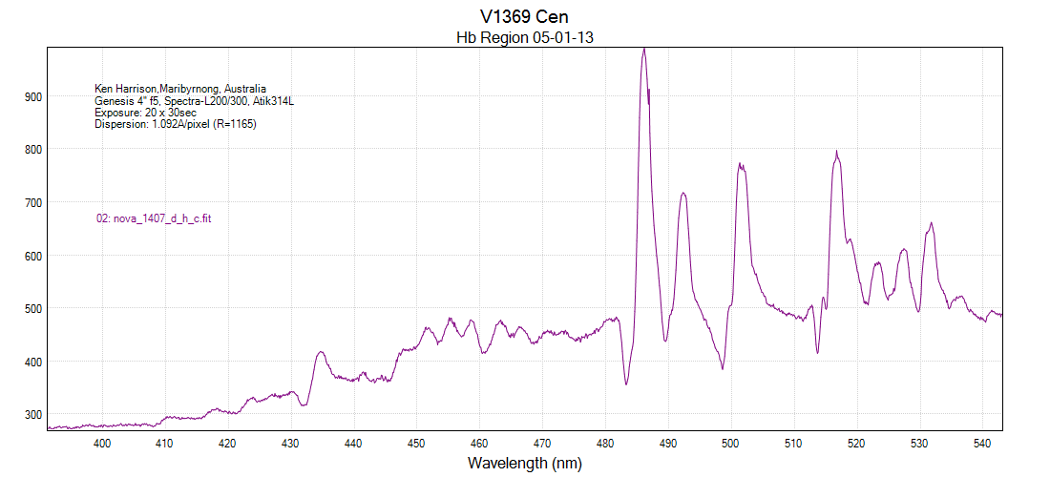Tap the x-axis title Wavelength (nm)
tap(524, 464)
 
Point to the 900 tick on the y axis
tap(33, 96)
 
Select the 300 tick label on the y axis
tap(33, 415)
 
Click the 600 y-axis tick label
tap(33, 256)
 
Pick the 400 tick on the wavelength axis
tap(102, 443)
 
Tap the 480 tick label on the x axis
tap(605, 443)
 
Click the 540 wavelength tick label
tap(982, 443)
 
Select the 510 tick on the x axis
tap(793, 443)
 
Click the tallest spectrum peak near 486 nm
tap(644, 50)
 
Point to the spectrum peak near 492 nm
tap(683, 194)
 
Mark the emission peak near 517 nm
tap(836, 153)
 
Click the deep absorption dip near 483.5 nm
tap(626, 384)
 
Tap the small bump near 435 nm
tap(321, 352)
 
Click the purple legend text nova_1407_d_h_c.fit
tap(154, 218)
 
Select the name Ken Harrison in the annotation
tap(126, 89)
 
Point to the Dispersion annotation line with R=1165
tap(176, 124)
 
